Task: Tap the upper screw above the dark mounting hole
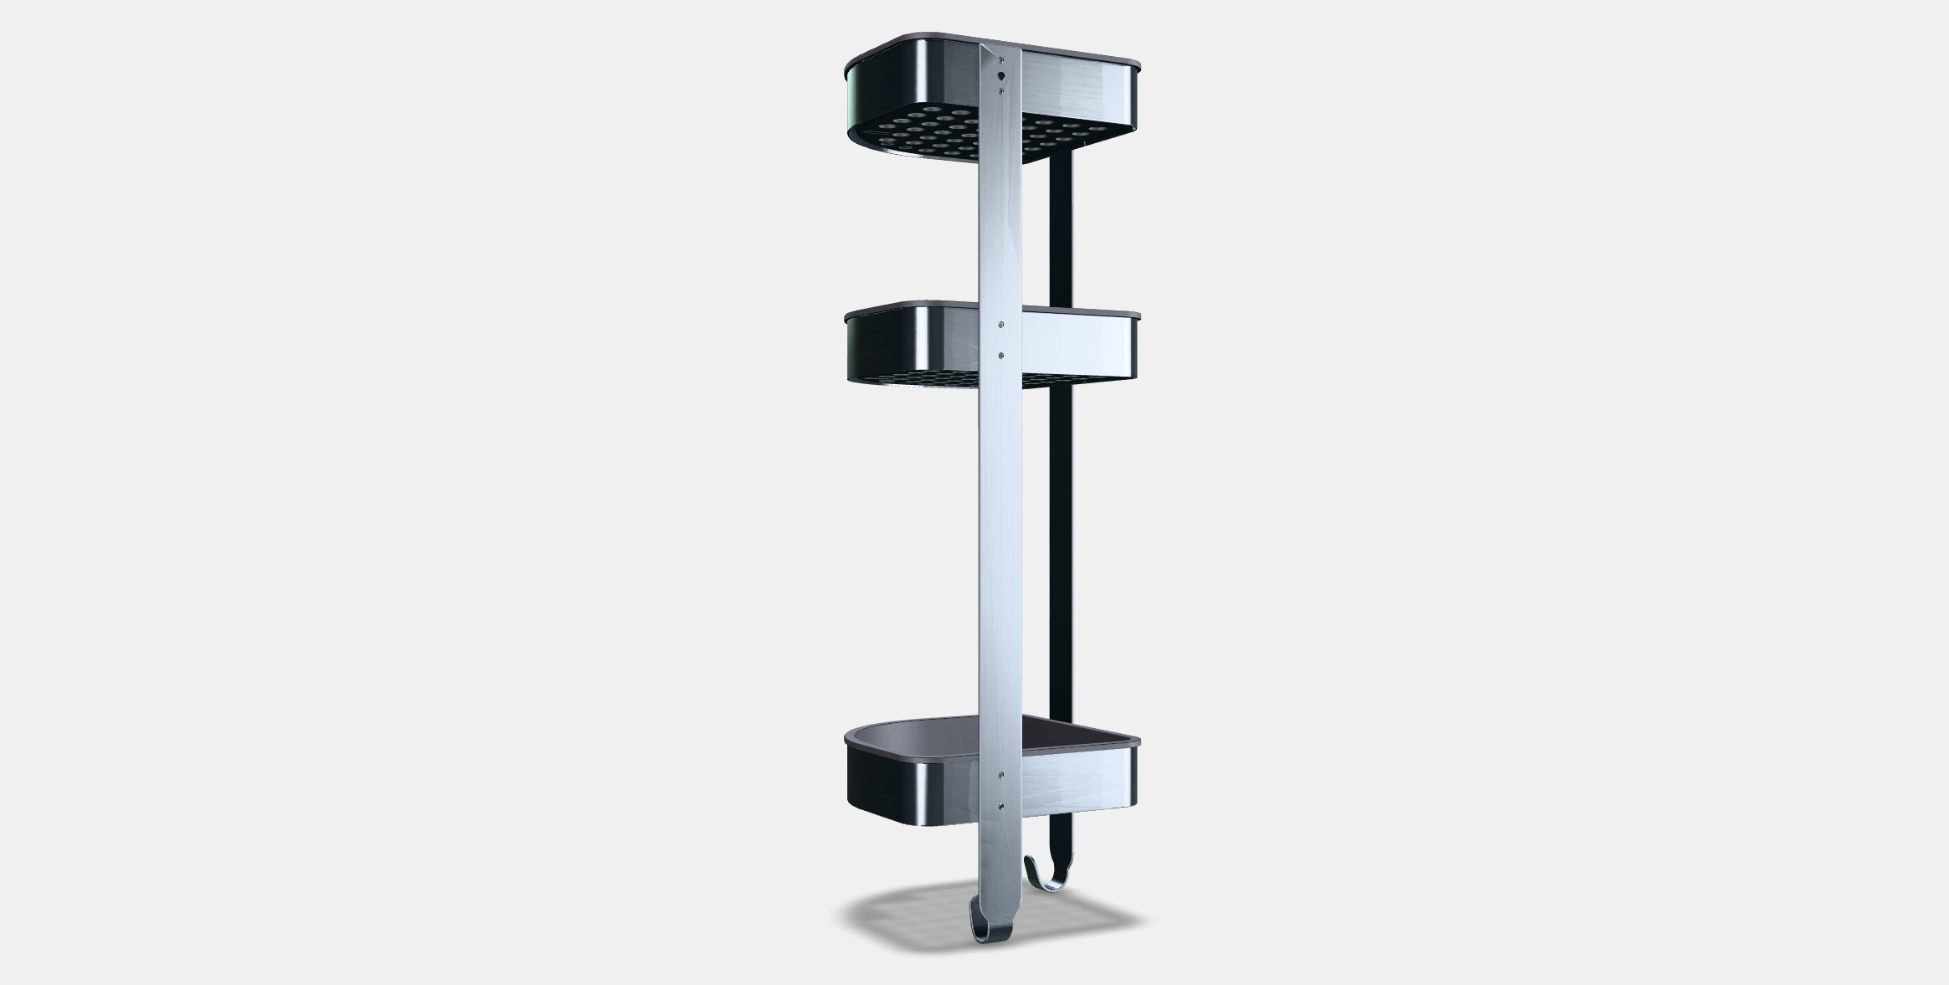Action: coord(1001,60)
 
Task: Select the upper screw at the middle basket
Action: coord(1002,323)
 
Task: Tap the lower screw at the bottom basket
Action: coord(1002,807)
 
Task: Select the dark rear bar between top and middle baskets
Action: coord(1061,234)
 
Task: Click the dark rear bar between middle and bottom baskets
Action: coord(1061,544)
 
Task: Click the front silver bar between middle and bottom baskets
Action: coord(1000,569)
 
